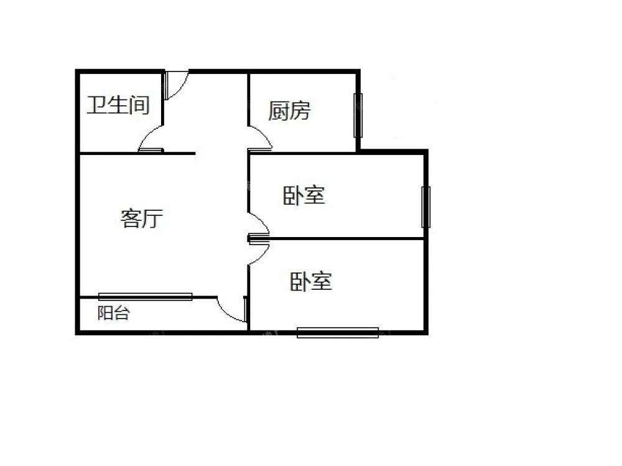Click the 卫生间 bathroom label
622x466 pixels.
coord(118,105)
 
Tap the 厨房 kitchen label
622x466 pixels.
coord(289,110)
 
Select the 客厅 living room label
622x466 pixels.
coord(142,218)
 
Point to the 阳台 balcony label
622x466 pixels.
coord(114,313)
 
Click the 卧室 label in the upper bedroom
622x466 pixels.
coord(304,195)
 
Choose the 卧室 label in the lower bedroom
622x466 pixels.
coord(311,281)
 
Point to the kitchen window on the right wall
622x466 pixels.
coord(358,115)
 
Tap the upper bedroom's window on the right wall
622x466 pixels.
coord(425,207)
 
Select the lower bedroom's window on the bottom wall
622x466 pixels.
coord(338,333)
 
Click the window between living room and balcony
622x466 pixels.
coord(145,297)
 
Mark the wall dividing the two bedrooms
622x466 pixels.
coord(337,238)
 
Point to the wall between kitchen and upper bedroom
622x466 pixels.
coord(303,152)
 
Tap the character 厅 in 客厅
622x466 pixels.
coord(153,219)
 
